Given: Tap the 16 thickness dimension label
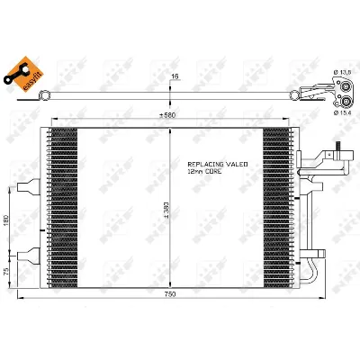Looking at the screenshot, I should click(x=174, y=76).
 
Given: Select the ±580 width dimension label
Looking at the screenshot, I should click(x=168, y=114).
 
